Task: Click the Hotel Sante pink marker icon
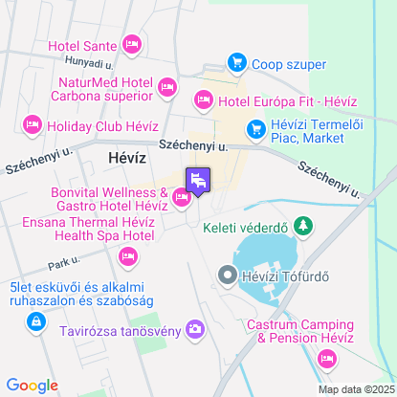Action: (x=132, y=44)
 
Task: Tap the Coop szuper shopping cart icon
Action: (x=235, y=64)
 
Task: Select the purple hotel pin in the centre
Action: (x=198, y=180)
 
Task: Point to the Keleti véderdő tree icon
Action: (x=304, y=226)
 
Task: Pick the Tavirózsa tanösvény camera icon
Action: (x=195, y=330)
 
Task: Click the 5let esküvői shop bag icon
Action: (x=35, y=321)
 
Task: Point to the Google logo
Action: (x=32, y=385)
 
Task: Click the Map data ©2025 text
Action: (x=356, y=389)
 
